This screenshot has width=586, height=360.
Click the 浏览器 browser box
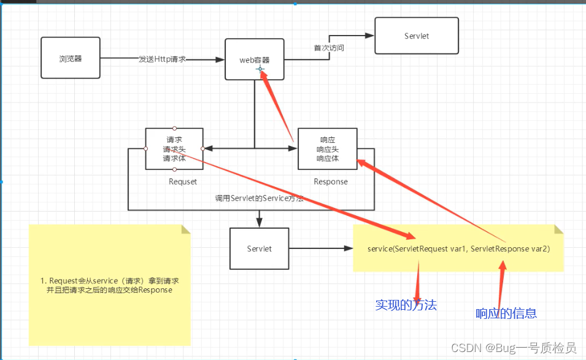tap(71, 58)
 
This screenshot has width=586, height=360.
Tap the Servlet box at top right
tap(417, 36)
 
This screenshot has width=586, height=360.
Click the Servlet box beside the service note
tap(259, 248)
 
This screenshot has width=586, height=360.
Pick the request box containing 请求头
tap(174, 148)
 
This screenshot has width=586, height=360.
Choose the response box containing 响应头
tap(327, 149)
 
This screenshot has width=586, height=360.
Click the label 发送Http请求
tap(162, 59)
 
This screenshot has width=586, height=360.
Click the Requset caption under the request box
tap(183, 182)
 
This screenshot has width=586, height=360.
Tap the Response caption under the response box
tap(330, 182)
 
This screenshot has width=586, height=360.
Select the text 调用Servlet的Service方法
tap(259, 199)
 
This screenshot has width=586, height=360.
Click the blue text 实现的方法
tap(406, 305)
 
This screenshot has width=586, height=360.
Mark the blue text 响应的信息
tap(506, 313)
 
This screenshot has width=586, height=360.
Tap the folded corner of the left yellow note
tap(185, 229)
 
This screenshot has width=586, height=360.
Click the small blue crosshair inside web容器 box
tap(260, 69)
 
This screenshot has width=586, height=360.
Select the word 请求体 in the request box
tap(174, 158)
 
